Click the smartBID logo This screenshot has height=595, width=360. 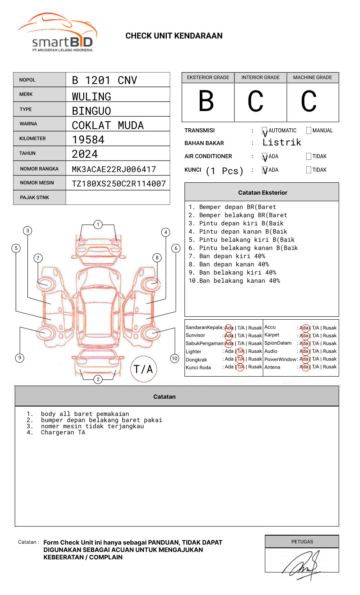pyautogui.click(x=57, y=33)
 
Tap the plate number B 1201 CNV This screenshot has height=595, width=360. pyautogui.click(x=104, y=80)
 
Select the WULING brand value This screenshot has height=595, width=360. pyautogui.click(x=91, y=97)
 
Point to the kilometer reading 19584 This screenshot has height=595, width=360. pyautogui.click(x=88, y=140)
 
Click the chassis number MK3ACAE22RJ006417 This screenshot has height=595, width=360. pyautogui.click(x=114, y=169)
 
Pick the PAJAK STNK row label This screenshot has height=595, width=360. pyautogui.click(x=34, y=198)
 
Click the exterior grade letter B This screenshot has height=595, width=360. pyautogui.click(x=206, y=102)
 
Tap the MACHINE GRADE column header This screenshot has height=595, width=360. pyautogui.click(x=312, y=77)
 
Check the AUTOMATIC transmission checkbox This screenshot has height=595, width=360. pyautogui.click(x=265, y=131)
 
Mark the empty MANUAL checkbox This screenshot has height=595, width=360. pyautogui.click(x=309, y=131)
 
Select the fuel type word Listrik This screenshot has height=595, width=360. pyautogui.click(x=282, y=143)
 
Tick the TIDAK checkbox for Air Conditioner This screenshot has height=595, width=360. pyautogui.click(x=309, y=157)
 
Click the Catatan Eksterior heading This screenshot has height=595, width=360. pyautogui.click(x=262, y=193)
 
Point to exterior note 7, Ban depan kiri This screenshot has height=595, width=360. pyautogui.click(x=227, y=256)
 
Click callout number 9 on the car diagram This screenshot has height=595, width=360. pyautogui.click(x=20, y=358)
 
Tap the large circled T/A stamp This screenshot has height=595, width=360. pyautogui.click(x=144, y=369)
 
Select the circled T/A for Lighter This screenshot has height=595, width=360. pyautogui.click(x=240, y=351)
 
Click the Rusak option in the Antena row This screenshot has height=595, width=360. pyautogui.click(x=330, y=367)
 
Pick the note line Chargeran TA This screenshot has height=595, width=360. pyautogui.click(x=63, y=432)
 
